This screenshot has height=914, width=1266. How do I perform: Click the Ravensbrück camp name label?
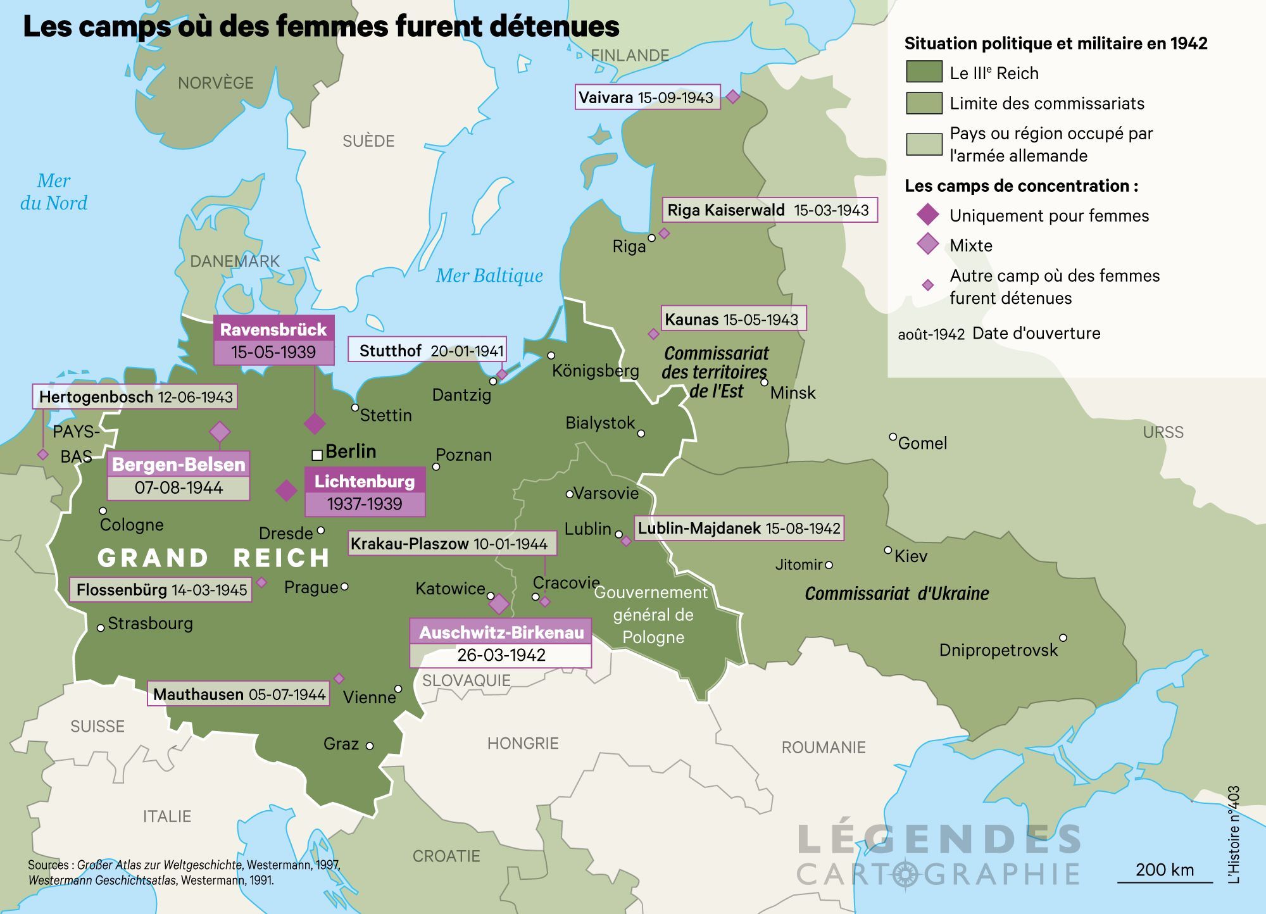pyautogui.click(x=273, y=329)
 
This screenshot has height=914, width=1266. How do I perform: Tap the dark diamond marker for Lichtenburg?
pyautogui.click(x=286, y=491)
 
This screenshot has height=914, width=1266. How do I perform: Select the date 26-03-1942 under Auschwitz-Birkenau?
pyautogui.click(x=501, y=655)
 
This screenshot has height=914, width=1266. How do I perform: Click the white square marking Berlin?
pyautogui.click(x=317, y=454)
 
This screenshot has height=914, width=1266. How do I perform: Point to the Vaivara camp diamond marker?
pyautogui.click(x=732, y=97)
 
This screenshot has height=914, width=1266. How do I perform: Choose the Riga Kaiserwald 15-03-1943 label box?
pyautogui.click(x=769, y=210)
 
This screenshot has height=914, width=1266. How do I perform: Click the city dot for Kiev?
pyautogui.click(x=888, y=550)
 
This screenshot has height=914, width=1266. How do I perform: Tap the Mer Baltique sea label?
pyautogui.click(x=489, y=276)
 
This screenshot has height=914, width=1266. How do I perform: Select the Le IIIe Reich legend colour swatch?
pyautogui.click(x=924, y=72)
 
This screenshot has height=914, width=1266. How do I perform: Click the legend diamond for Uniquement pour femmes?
pyautogui.click(x=928, y=215)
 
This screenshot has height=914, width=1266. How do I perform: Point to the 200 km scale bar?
pyautogui.click(x=1165, y=882)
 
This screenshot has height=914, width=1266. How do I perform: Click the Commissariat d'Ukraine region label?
pyautogui.click(x=896, y=594)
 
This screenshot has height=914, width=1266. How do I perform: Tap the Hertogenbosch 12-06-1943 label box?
pyautogui.click(x=135, y=397)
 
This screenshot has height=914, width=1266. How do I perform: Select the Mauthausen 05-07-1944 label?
pyautogui.click(x=239, y=694)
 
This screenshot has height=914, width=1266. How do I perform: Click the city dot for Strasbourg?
pyautogui.click(x=101, y=628)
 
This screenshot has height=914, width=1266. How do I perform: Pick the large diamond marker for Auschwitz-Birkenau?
pyautogui.click(x=499, y=604)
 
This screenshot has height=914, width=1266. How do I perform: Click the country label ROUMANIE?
pyautogui.click(x=823, y=748)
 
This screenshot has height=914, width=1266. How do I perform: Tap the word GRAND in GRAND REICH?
pyautogui.click(x=153, y=558)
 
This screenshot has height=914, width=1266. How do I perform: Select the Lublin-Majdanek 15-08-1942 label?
pyautogui.click(x=739, y=529)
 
